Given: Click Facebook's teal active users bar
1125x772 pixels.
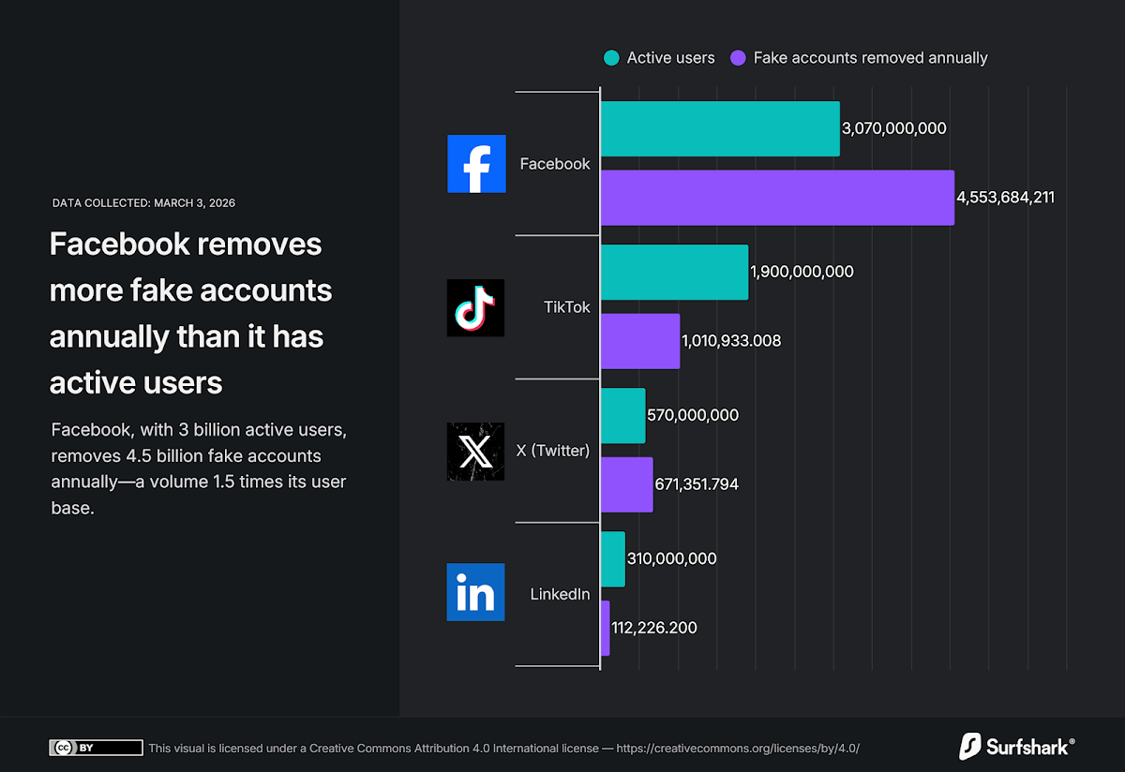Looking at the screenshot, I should pos(719,128).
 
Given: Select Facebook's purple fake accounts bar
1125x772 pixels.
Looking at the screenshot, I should pos(776,198).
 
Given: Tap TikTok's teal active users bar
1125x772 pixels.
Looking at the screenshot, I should pos(674,272).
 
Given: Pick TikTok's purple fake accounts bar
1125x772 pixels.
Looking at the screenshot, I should pos(639,341).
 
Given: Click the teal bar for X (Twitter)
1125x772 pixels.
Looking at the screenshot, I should pos(622,415).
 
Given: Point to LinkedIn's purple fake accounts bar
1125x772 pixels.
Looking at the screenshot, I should pos(605,628).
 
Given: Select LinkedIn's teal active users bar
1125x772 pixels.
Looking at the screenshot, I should pos(612,558).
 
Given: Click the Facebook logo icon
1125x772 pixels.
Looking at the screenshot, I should pos(476,164).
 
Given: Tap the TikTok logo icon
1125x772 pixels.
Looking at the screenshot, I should pos(476,307).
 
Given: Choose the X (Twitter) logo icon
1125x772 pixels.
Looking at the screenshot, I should pos(476,451).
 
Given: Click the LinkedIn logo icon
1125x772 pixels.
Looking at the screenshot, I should pos(476,593).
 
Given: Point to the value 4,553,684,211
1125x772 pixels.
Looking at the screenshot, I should pos(1005,198).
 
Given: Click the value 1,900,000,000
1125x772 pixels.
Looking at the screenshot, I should pos(802,272).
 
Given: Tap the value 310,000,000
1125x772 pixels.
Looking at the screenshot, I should pos(671,558).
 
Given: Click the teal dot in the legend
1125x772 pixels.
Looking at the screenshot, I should pos(611,58).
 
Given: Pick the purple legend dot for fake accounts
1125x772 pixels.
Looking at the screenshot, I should pos(738,58).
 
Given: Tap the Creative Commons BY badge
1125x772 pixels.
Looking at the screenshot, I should pos(96,748).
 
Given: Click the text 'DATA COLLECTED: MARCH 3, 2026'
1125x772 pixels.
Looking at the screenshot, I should pos(143,202).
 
